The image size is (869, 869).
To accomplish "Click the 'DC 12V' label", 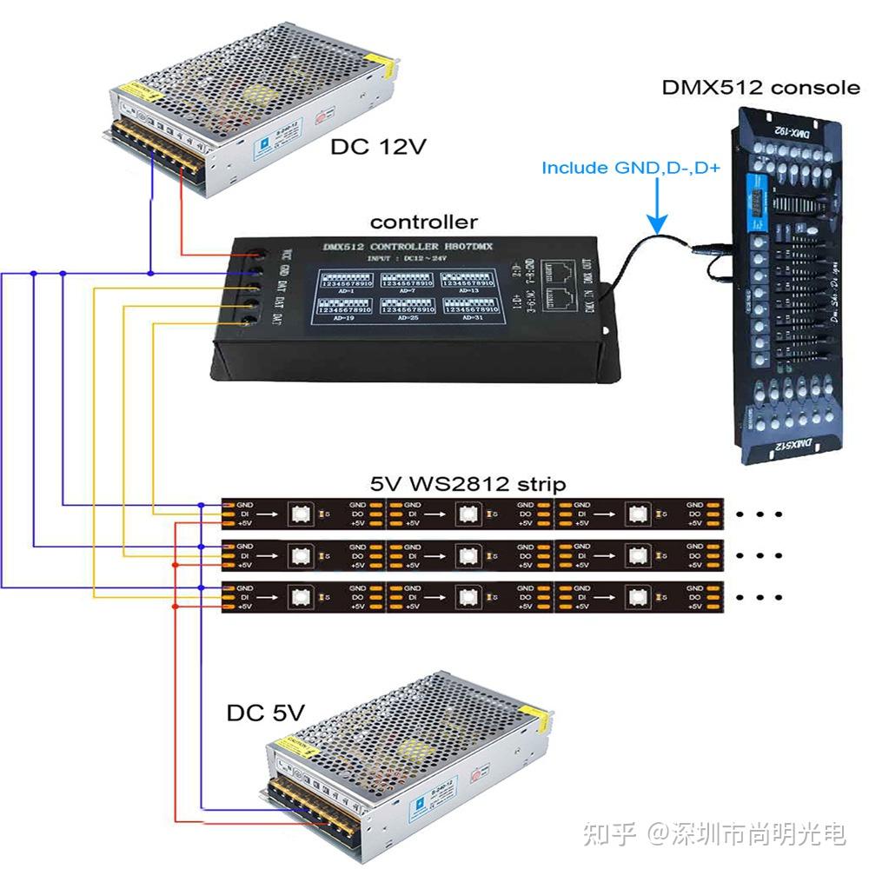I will tap(377, 147).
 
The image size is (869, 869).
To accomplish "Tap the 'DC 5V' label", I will tap(266, 713).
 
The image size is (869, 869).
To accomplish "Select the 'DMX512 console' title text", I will tap(761, 87).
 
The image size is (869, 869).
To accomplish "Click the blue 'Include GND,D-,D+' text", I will tap(631, 168).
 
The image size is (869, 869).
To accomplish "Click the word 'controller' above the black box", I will tap(424, 222).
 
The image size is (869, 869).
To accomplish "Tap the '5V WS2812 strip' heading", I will tap(468, 483).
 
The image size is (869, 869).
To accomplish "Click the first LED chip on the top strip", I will tap(304, 514).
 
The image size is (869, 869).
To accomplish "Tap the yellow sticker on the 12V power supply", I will tap(129, 89).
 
